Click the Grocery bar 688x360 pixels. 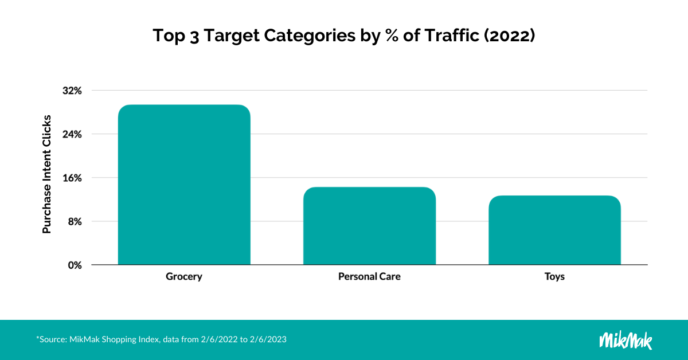pos(184,185)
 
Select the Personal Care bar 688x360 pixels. pos(369,226)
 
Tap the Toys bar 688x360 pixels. pos(554,230)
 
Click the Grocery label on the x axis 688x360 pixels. pos(184,277)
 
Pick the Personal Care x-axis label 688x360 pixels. pos(369,277)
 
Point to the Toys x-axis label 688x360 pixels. pos(554,277)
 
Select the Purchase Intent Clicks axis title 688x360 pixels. pos(47,174)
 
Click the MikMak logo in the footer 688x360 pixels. pos(626,339)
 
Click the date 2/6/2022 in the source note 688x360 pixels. pos(219,339)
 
